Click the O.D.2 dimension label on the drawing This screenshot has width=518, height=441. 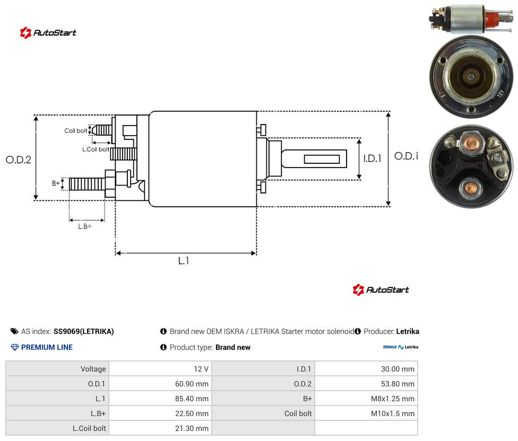[x=19, y=160]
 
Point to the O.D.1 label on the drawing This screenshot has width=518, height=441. [x=407, y=156]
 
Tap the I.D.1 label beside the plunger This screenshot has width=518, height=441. [x=373, y=158]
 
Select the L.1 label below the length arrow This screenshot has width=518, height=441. [x=184, y=261]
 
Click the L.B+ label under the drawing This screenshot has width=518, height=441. [x=85, y=226]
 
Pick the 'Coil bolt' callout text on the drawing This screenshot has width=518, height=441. [x=76, y=130]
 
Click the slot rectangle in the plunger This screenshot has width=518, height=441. [x=322, y=159]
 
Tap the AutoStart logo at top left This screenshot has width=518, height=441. [x=48, y=33]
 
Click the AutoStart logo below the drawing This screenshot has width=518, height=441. [x=381, y=289]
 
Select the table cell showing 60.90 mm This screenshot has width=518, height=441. [x=192, y=384]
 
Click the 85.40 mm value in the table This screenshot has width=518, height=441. [x=192, y=399]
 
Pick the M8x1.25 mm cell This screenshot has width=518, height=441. [x=392, y=399]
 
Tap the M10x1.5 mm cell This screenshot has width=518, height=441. [x=392, y=413]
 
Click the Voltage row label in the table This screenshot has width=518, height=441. [x=93, y=369]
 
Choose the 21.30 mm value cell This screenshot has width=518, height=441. [x=192, y=428]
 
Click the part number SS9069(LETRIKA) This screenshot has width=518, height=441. [x=83, y=331]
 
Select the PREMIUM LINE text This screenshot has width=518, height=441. [x=47, y=347]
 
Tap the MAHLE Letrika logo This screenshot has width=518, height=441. [x=401, y=347]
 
